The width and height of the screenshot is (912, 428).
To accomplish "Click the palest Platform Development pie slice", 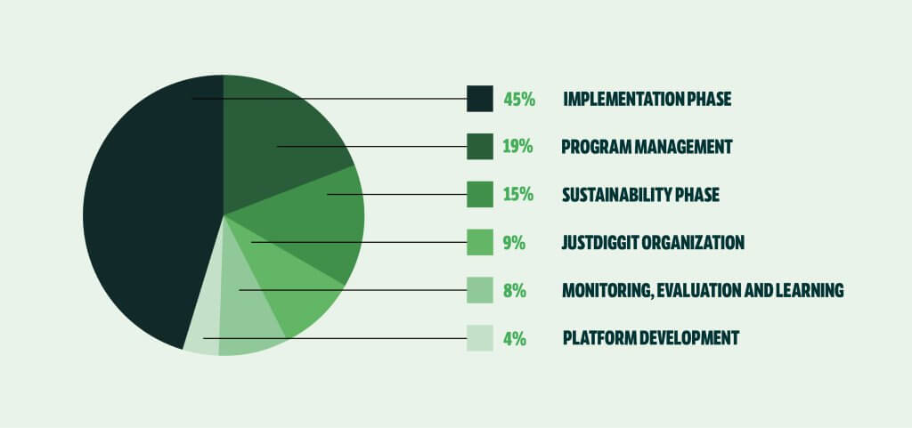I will (203, 334).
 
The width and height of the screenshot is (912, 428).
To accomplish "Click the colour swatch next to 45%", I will (479, 98).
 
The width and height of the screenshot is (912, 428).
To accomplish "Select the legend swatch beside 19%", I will (479, 146).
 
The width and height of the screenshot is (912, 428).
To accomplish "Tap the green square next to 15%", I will (479, 194).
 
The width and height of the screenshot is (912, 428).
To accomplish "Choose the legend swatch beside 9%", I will (479, 242).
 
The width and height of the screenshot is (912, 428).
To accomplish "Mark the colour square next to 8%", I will (479, 290).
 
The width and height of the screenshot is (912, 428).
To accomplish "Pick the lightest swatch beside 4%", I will (479, 338).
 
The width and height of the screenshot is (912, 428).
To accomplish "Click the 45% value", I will (519, 99).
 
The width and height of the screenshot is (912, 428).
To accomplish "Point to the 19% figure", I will (517, 147).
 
